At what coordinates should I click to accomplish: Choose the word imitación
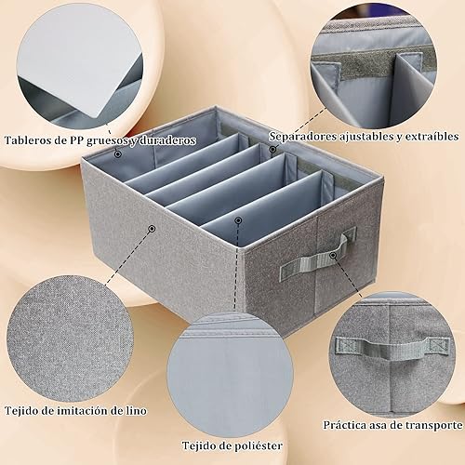tap(79, 411)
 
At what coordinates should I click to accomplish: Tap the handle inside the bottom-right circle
tap(392, 348)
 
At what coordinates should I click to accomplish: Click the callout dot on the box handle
tap(333, 256)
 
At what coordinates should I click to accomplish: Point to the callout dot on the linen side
tap(152, 229)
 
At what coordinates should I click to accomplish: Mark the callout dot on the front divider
tap(238, 220)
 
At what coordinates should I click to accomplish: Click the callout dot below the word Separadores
tap(272, 150)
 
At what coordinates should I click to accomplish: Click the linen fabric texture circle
tap(69, 337)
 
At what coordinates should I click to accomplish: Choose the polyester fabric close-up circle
tap(230, 376)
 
